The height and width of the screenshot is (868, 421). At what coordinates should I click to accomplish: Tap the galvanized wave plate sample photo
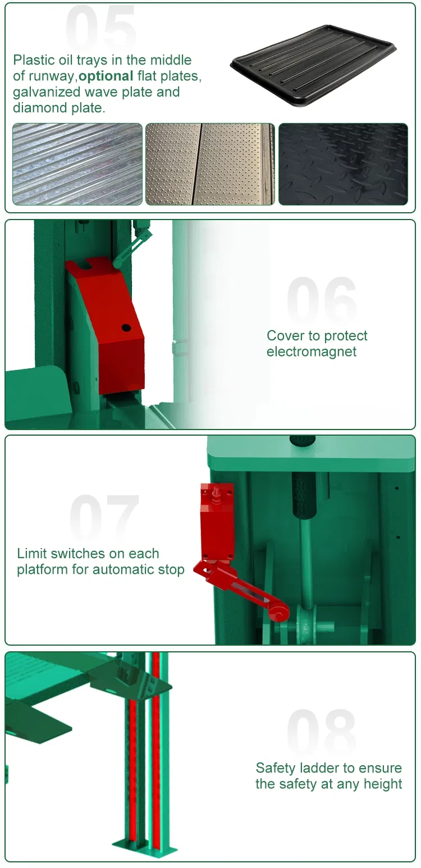coord(77,164)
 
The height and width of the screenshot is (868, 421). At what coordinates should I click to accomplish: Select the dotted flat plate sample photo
coord(210,164)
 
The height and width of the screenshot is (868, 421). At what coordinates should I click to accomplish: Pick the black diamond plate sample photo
coord(343,164)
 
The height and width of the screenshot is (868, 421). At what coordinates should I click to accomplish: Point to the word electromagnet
coord(312,352)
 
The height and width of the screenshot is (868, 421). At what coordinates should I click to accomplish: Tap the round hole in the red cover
coord(126,327)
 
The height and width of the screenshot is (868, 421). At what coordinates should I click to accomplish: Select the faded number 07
coord(104,517)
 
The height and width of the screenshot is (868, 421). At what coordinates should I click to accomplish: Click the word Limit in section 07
coord(33,554)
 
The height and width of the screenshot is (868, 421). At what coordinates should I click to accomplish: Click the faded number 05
coord(101,29)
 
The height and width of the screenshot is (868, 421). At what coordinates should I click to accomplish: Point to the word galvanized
coord(48,92)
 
